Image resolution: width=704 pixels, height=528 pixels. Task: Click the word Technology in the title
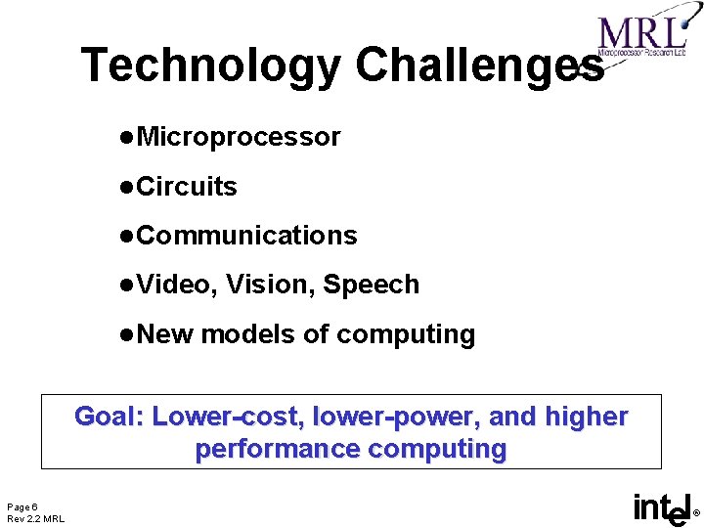coord(210,66)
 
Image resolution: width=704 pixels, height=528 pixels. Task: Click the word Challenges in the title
coord(478,66)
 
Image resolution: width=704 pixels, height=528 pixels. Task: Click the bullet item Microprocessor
coord(239,137)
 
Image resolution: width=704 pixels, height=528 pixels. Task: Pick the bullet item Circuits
coord(187,186)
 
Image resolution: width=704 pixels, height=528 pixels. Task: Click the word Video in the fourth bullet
coord(175,285)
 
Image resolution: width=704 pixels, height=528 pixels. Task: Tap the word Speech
coord(371,285)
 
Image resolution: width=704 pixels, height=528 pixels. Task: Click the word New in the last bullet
coord(166,334)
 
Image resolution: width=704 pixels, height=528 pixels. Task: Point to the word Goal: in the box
coord(110,417)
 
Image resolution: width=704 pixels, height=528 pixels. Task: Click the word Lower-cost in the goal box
coord(222,417)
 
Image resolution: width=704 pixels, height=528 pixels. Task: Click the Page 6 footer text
coord(22,506)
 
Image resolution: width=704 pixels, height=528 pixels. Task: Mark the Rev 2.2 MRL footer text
coord(35,518)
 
